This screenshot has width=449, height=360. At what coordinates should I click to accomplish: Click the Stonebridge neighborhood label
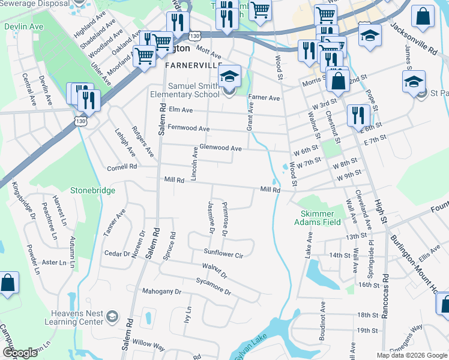[x=92, y=190]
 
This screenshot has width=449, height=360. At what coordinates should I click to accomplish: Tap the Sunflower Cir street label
[x=223, y=254]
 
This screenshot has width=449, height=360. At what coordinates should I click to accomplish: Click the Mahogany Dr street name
[x=161, y=292]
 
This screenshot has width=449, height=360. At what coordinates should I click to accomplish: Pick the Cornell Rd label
[x=122, y=167]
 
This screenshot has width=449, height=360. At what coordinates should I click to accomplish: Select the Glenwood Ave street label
[x=220, y=148]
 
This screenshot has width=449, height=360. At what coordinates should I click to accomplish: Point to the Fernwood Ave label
[x=188, y=128]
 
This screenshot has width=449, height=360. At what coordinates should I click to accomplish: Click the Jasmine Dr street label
[x=211, y=217]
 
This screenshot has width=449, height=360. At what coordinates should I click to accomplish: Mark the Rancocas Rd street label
[x=385, y=297]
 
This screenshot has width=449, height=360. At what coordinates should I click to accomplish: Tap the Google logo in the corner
[x=20, y=353]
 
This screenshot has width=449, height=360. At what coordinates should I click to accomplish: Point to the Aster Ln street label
[x=53, y=262]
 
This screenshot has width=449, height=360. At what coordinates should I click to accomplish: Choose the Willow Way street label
[x=148, y=346]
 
